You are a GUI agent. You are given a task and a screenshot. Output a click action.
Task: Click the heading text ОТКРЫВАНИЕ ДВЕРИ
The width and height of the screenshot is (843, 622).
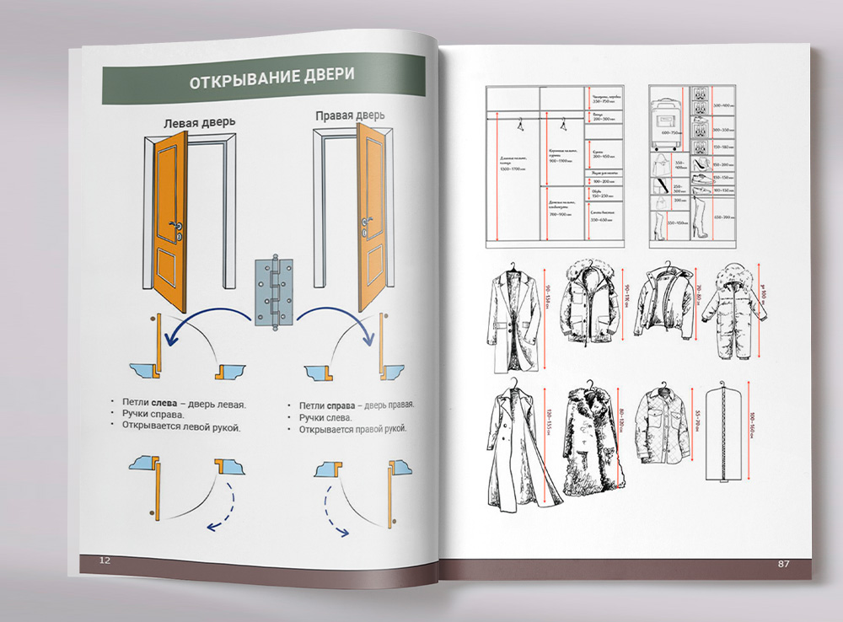(271, 82)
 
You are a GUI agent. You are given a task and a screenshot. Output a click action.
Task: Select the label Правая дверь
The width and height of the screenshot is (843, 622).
(350, 115)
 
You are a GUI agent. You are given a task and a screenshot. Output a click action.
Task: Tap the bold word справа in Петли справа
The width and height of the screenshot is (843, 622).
(343, 405)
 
